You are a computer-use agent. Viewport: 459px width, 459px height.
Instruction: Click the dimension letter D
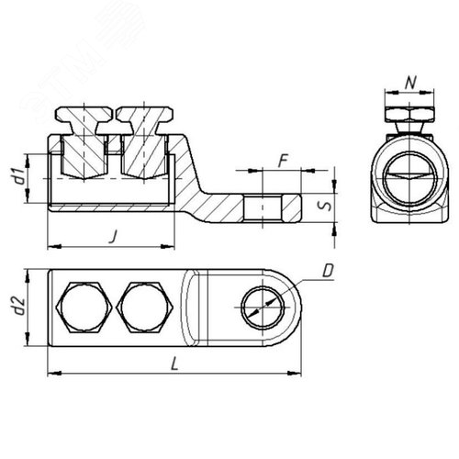329,270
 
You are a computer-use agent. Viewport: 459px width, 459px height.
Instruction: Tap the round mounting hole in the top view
260,311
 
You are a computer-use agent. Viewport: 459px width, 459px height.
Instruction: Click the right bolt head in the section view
142,118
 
